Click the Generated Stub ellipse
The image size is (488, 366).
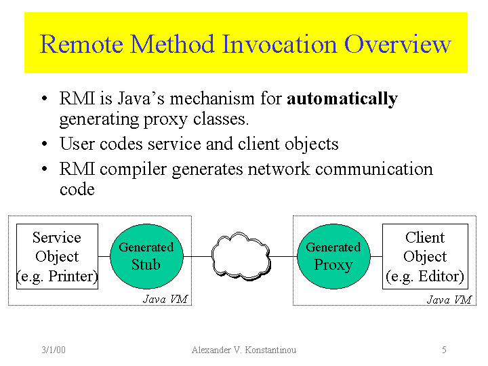[146, 256]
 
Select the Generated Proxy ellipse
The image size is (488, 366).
[333, 256]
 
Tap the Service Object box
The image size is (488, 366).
[57, 256]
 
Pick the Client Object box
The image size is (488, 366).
[425, 256]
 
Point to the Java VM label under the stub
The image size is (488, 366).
[165, 299]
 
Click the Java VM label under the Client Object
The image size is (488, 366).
[449, 299]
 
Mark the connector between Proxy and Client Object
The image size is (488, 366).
[375, 257]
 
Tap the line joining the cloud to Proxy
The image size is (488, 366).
[284, 257]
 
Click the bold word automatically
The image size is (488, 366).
[342, 99]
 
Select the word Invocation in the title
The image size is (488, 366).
[280, 44]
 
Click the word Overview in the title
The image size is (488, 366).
[397, 44]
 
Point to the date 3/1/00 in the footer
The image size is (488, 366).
[53, 350]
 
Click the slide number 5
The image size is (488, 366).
[444, 350]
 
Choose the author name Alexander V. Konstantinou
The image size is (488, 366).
[244, 350]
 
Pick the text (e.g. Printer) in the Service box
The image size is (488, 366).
[57, 277]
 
